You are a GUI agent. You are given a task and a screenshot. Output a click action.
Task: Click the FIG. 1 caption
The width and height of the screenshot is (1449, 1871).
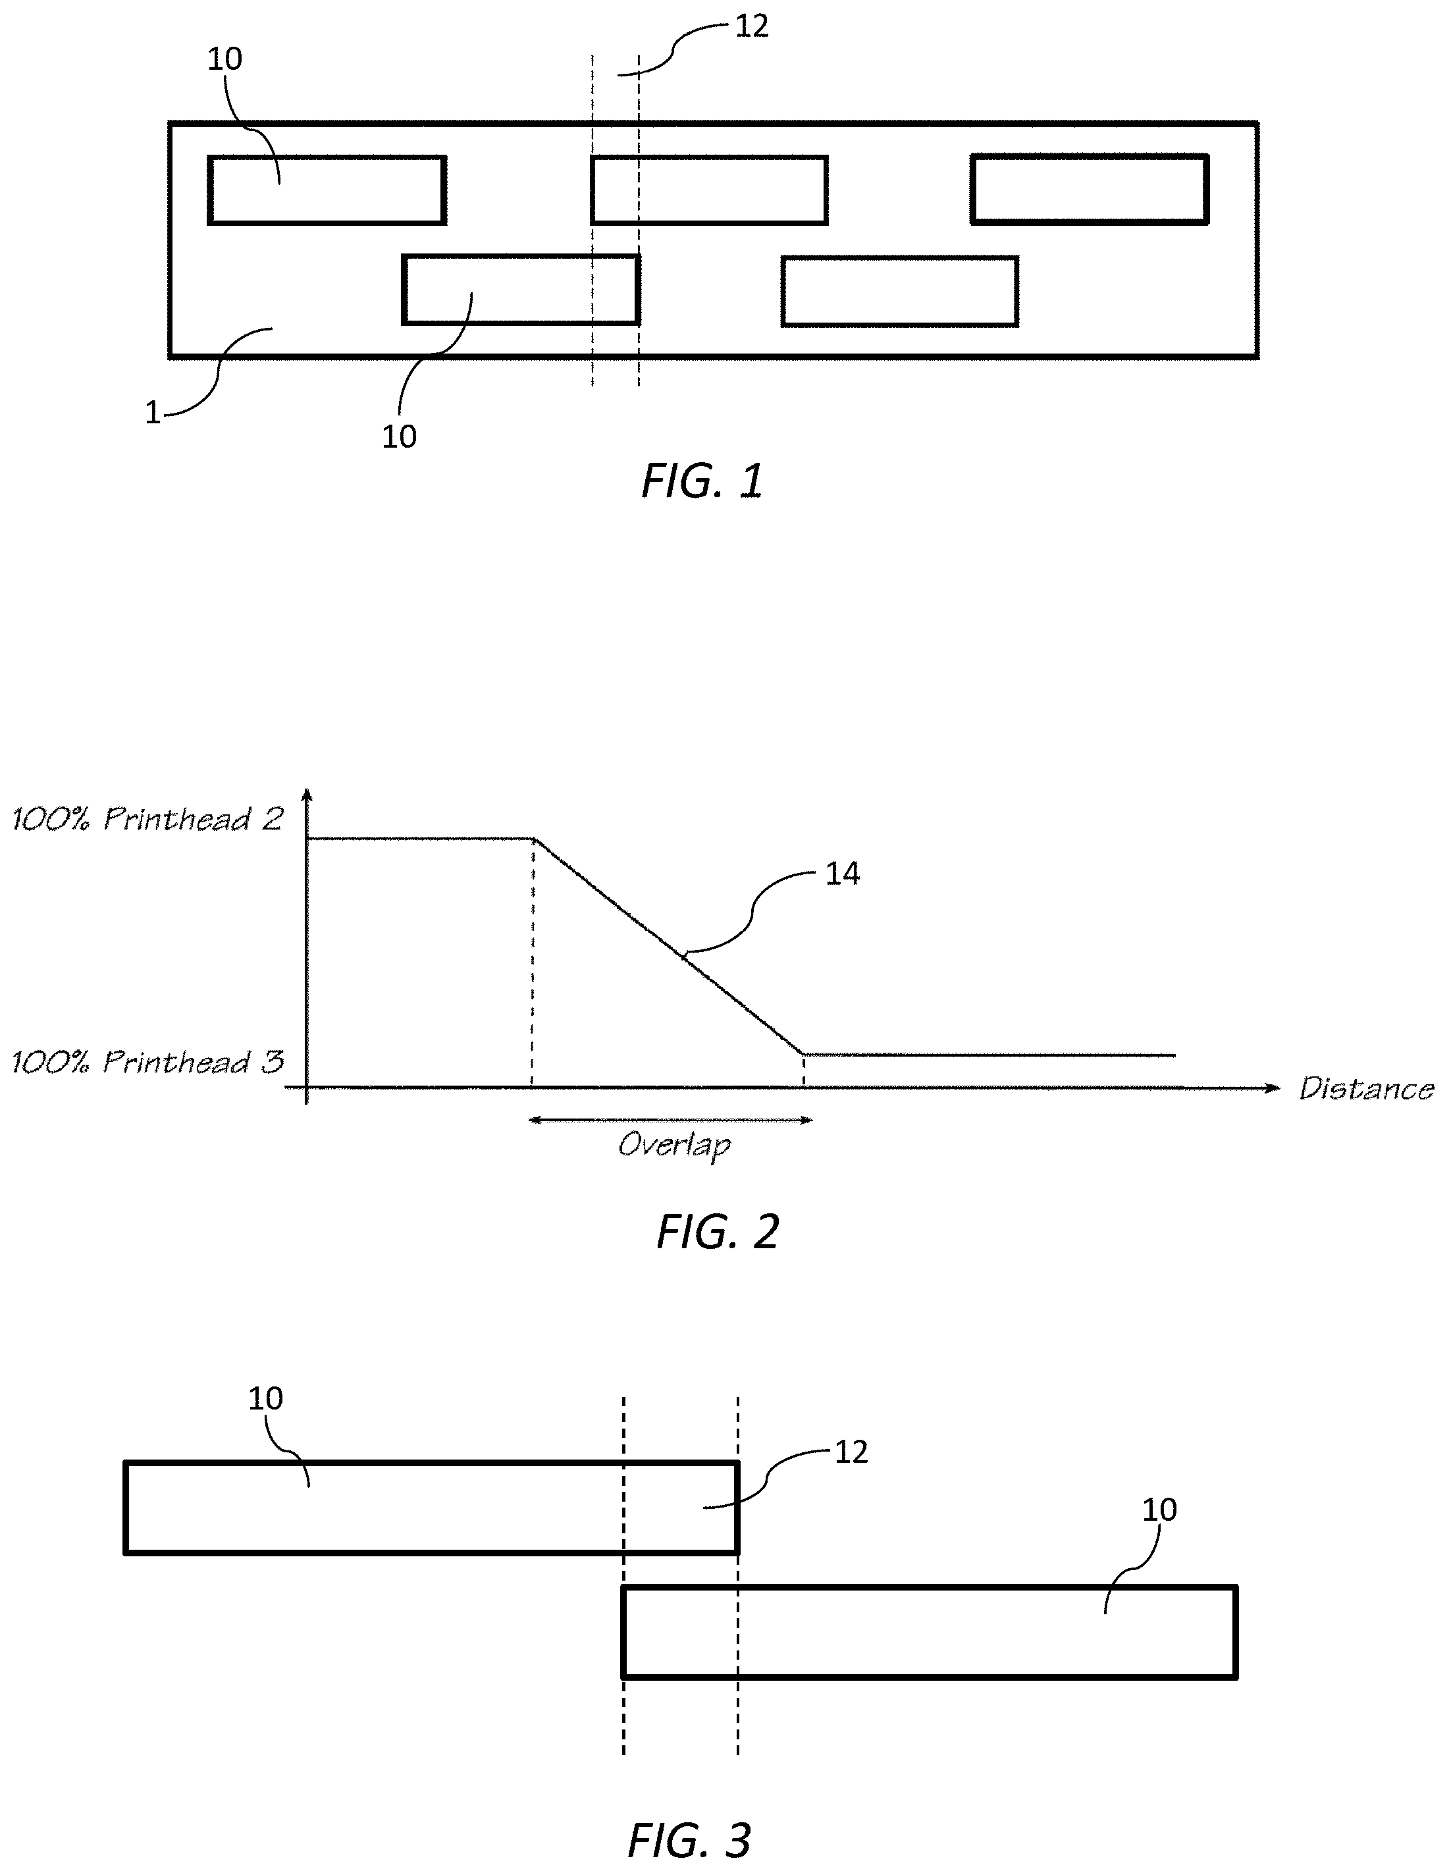click(x=702, y=481)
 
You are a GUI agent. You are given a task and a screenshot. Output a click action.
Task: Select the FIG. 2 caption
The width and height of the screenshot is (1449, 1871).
click(x=717, y=1232)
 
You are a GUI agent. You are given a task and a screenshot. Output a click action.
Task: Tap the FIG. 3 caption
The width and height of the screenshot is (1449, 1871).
click(x=689, y=1839)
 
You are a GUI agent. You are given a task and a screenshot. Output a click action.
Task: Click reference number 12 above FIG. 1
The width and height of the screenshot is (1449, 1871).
click(x=752, y=26)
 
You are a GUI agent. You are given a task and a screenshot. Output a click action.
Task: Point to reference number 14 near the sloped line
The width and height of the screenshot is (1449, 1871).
click(x=842, y=874)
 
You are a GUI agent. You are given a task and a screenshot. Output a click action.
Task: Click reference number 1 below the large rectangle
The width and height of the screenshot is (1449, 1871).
click(x=153, y=413)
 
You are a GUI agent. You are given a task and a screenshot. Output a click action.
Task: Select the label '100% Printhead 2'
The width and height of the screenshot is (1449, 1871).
click(x=147, y=819)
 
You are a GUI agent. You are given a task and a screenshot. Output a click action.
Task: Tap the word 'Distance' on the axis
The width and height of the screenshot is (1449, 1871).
click(x=1366, y=1088)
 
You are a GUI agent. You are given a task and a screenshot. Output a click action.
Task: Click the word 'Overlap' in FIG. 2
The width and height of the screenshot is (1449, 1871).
click(x=674, y=1146)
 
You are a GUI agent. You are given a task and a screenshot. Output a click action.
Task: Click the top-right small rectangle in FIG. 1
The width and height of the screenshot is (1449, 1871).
click(x=1089, y=190)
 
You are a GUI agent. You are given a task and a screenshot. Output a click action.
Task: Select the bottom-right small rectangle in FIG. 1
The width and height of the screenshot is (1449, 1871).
click(x=900, y=291)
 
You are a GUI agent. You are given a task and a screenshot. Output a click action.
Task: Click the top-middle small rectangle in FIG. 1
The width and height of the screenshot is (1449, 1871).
click(x=710, y=190)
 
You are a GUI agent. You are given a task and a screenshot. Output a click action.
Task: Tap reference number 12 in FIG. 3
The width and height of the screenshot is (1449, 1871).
click(x=851, y=1452)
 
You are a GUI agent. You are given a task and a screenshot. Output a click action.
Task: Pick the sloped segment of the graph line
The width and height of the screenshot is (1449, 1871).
click(x=668, y=947)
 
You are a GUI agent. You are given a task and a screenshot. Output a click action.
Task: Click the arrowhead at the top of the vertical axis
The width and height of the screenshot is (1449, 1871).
click(x=309, y=795)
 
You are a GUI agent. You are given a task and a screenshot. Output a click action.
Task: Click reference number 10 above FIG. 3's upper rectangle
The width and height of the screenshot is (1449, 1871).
click(x=265, y=1399)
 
